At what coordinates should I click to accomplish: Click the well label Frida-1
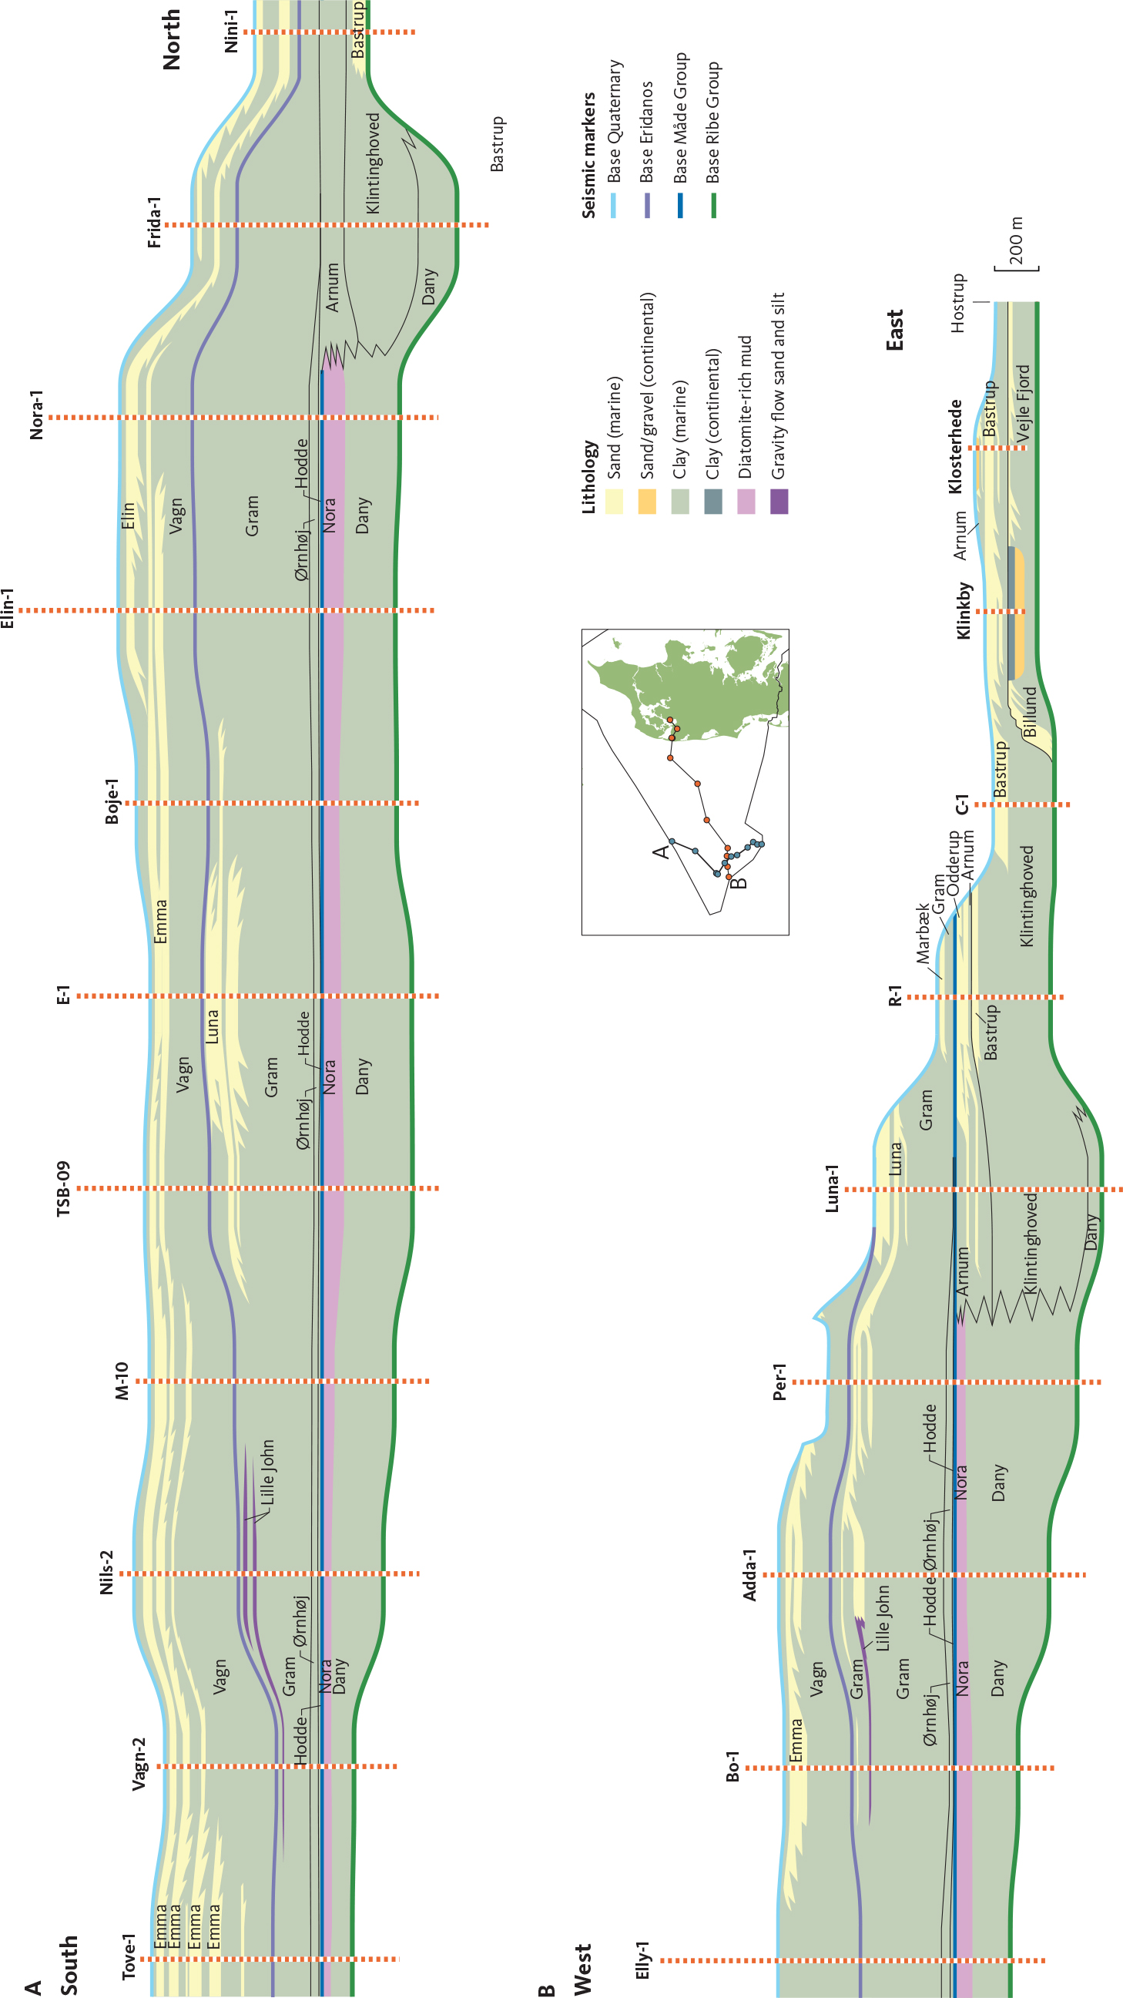tap(155, 223)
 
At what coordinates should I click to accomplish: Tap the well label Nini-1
tap(231, 32)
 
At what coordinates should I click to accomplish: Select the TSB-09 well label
tap(64, 1188)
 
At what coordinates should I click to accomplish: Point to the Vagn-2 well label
tap(139, 1765)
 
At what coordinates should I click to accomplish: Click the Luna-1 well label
tap(831, 1188)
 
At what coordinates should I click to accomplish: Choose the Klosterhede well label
tap(956, 447)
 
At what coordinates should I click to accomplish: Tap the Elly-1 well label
tap(643, 1960)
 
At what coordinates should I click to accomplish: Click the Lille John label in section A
tap(267, 1472)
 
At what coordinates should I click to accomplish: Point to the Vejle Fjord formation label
tap(1024, 403)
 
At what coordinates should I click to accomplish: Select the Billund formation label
tap(1030, 711)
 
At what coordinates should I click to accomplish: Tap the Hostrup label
tap(959, 304)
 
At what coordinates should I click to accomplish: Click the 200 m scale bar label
tap(1017, 241)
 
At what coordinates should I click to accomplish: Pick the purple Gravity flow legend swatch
tap(779, 502)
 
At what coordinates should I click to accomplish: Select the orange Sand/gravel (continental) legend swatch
tap(647, 502)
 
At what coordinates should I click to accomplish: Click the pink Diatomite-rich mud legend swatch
tap(746, 502)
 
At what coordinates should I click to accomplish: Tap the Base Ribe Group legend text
tap(712, 123)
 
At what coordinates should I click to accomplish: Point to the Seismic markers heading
tap(588, 155)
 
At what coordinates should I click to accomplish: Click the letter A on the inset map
tap(661, 851)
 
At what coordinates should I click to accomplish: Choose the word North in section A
tap(172, 39)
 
